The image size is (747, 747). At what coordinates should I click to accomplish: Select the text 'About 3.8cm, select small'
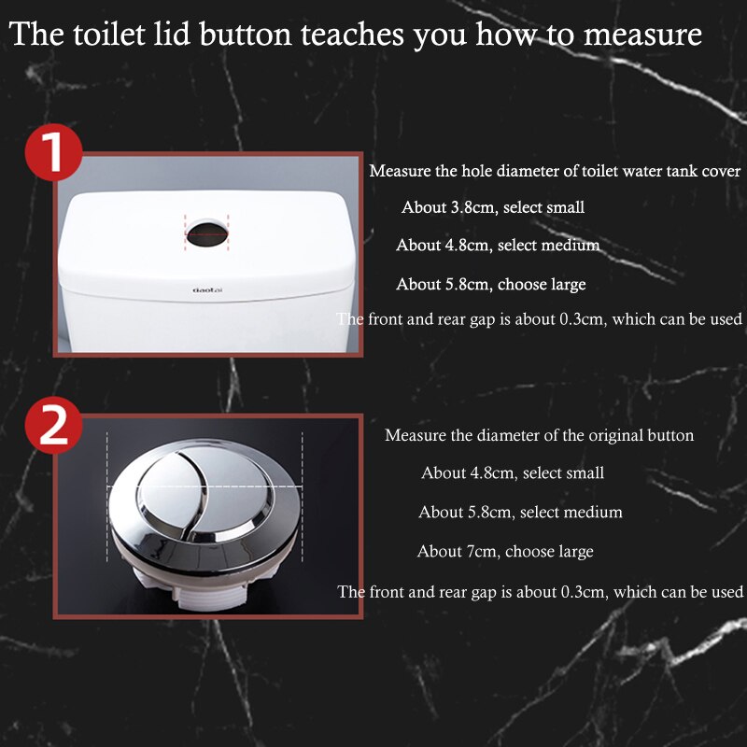pyautogui.click(x=493, y=207)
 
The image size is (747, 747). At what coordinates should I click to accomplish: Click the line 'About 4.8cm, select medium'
pyautogui.click(x=498, y=246)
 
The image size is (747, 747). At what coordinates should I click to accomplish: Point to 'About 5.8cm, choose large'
pyautogui.click(x=491, y=284)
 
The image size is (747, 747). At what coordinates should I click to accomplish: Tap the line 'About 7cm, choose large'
pyautogui.click(x=505, y=551)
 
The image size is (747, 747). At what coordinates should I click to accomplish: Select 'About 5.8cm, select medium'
pyautogui.click(x=520, y=512)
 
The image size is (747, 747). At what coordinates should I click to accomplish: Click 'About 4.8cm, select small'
pyautogui.click(x=513, y=473)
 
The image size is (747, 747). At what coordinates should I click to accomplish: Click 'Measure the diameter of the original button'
pyautogui.click(x=539, y=435)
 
